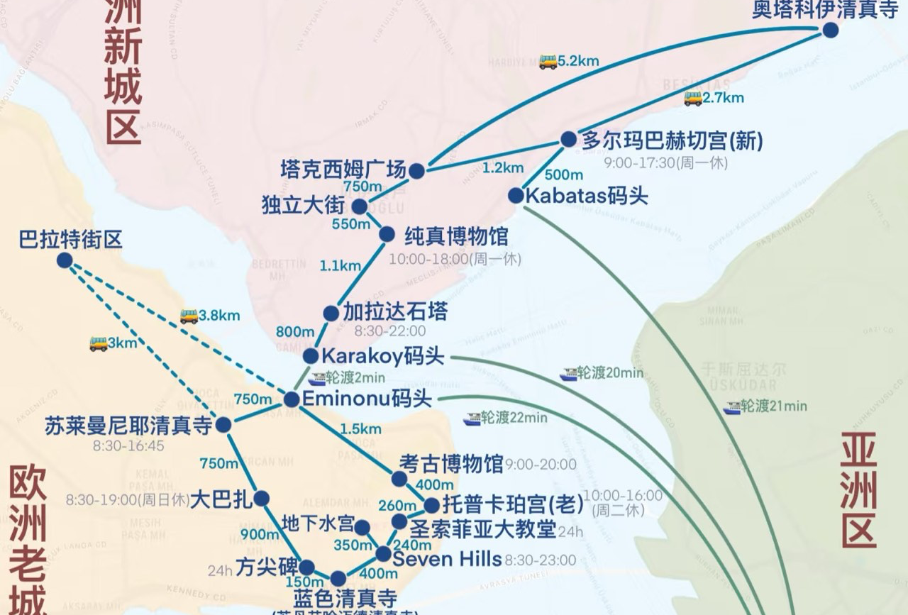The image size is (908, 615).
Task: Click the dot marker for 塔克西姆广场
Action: tap(416, 171)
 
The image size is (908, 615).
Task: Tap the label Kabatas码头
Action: tap(586, 196)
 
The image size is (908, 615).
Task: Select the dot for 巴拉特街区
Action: tap(65, 260)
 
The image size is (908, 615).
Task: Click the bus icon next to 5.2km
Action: tap(548, 62)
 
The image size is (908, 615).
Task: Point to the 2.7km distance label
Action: tap(724, 98)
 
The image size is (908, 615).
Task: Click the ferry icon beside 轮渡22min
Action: tap(472, 419)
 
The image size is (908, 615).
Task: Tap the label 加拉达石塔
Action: tap(395, 312)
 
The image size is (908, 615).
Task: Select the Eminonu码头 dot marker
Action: tap(292, 399)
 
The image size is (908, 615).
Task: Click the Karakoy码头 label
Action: tap(383, 355)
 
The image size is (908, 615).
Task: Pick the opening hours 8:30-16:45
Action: tap(128, 445)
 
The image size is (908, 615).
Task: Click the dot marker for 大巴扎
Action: tap(261, 499)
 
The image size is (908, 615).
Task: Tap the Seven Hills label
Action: tap(447, 559)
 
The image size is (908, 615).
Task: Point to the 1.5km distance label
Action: tap(360, 428)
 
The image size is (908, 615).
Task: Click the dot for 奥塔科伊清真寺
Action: tap(830, 30)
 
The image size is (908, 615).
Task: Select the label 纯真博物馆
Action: tap(456, 236)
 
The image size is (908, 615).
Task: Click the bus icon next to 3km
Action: tap(99, 344)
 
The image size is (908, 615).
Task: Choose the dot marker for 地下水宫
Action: tap(362, 528)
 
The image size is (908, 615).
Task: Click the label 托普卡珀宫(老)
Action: tap(512, 504)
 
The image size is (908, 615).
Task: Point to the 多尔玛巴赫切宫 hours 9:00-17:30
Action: tap(665, 162)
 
